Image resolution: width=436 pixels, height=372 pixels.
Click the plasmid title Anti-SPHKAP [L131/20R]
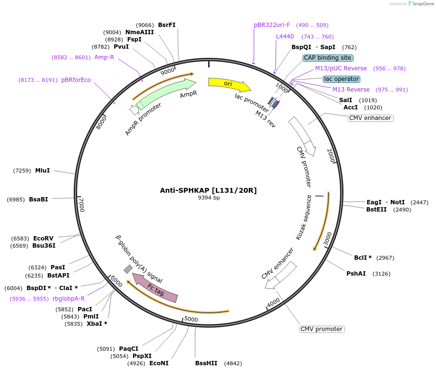[208, 190]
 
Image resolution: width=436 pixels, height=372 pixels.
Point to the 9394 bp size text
[209, 198]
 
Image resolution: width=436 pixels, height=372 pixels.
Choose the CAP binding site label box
[328, 58]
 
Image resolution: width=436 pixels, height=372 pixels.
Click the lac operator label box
[342, 79]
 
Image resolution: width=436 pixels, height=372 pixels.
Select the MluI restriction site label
[42, 171]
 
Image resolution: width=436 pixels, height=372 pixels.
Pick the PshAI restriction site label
[356, 274]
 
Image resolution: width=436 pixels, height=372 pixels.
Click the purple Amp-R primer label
[104, 57]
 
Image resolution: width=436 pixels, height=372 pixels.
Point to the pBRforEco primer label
[76, 80]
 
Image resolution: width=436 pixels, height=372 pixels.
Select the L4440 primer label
[285, 37]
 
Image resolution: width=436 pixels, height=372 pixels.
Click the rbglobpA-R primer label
[68, 299]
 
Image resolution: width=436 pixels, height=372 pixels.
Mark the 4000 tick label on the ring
[273, 302]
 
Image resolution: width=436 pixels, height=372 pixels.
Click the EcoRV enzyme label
[43, 239]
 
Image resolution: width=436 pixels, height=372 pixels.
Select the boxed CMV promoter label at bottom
[322, 329]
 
